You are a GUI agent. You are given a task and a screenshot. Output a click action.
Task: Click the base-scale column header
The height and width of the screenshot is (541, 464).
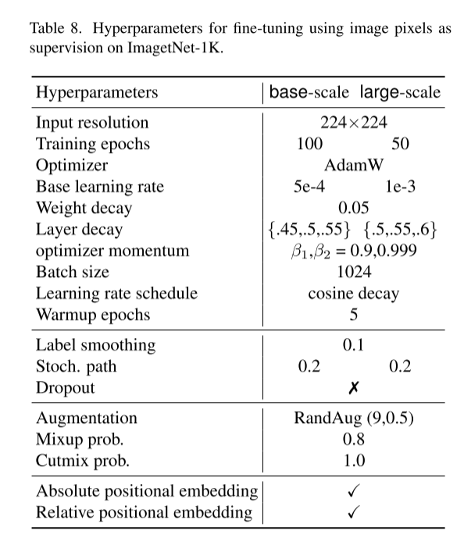(311, 92)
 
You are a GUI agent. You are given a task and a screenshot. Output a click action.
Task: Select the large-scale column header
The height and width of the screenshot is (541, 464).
(400, 92)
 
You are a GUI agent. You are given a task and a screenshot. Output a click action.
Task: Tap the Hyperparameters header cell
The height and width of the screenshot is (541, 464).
(97, 92)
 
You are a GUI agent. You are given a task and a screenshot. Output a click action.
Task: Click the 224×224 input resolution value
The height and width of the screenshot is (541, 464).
(354, 123)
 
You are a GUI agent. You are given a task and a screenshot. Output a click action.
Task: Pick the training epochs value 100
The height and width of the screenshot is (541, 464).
(310, 144)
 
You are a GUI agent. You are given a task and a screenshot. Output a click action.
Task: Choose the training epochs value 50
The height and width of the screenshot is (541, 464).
(400, 144)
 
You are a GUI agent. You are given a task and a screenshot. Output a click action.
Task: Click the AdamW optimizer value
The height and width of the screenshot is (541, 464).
(354, 166)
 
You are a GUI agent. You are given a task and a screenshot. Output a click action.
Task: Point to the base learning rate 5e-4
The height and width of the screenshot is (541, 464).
(310, 187)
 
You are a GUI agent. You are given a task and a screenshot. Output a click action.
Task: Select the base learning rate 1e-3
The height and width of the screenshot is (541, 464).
(400, 187)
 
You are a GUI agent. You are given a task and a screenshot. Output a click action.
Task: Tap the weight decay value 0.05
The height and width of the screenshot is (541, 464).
(354, 208)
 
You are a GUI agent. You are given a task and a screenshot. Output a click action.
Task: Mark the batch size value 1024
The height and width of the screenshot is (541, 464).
(354, 272)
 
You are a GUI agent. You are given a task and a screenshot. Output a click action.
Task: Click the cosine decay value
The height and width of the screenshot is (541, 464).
(354, 294)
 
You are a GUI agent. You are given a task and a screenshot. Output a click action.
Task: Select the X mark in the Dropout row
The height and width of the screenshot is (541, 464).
(354, 388)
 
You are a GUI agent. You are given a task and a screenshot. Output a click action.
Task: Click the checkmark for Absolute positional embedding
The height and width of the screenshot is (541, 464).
(354, 491)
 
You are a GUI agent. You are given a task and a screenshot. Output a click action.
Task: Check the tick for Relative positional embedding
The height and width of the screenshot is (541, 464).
(354, 512)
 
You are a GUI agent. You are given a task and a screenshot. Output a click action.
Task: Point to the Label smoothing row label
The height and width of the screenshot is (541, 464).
(96, 345)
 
